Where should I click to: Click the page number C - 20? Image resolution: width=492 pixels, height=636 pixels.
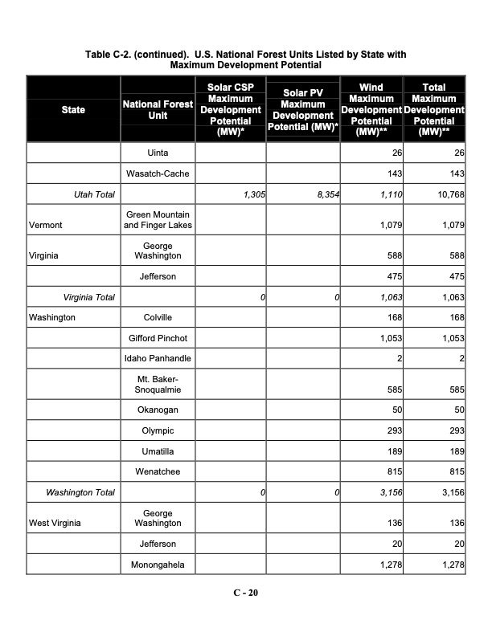point(246,593)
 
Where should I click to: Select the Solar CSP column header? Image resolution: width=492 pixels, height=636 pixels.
point(230,109)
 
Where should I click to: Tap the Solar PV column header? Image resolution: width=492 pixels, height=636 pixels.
point(303,109)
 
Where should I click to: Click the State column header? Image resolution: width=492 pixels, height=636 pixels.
point(72,109)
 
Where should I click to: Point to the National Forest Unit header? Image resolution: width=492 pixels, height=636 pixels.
point(157,109)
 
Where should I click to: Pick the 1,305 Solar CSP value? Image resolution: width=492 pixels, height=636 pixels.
point(253,195)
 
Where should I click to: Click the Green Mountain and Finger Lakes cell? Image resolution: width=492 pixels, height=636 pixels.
point(157,220)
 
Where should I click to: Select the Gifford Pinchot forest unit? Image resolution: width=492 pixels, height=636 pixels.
point(157,338)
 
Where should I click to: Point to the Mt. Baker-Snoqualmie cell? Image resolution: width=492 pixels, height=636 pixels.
point(157,384)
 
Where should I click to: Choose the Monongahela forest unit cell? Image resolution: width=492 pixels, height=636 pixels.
point(157,565)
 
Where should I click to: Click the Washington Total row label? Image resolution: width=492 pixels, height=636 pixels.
point(80,492)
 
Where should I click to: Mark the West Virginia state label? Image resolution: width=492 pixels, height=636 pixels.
point(55,524)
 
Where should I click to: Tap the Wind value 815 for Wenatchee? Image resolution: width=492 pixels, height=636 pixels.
point(393,473)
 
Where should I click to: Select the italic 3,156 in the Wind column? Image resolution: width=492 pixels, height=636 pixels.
point(388,492)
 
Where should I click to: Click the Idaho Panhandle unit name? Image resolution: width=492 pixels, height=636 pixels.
point(157,357)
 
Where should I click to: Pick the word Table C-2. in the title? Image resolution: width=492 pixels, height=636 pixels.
point(109,55)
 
